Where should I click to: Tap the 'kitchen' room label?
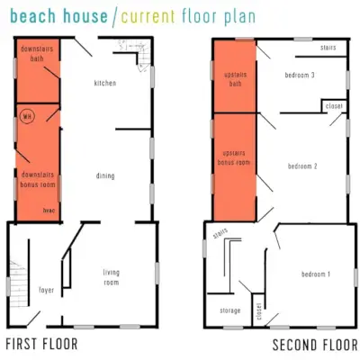[x=105, y=83]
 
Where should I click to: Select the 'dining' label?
[x=105, y=175]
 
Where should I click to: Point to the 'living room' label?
[x=112, y=277]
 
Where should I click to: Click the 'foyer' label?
[x=47, y=290]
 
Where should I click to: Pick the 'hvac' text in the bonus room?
[x=49, y=211]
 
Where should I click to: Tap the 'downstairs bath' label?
[x=37, y=53]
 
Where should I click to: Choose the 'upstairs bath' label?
[x=236, y=79]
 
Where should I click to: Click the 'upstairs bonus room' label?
[x=234, y=157]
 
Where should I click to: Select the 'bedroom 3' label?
[x=300, y=75]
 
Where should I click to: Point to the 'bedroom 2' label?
[x=302, y=166]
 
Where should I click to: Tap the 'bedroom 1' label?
[x=316, y=274]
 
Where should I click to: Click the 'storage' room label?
[x=230, y=310]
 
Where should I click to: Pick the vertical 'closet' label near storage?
[x=259, y=311]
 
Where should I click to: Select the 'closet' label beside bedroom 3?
[x=334, y=106]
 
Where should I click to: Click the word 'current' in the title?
[x=148, y=16]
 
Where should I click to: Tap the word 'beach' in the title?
[x=33, y=16]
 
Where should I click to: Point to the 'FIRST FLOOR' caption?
[x=41, y=344]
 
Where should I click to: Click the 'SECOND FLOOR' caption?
[x=315, y=345]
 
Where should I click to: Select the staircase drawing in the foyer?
[x=19, y=283]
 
